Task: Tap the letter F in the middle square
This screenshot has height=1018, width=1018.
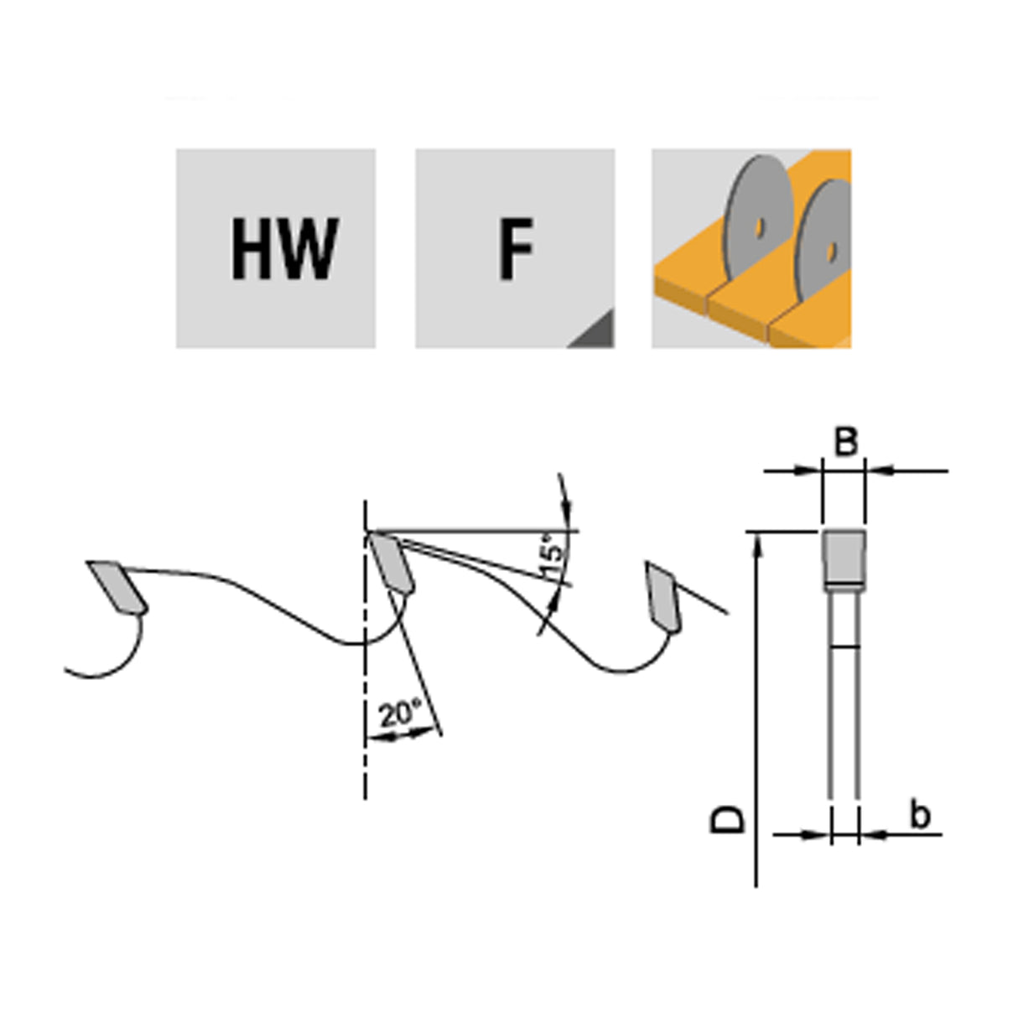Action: pos(516,249)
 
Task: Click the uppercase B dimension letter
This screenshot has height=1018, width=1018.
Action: pos(845,442)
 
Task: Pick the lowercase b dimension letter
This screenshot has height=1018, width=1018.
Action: pos(920,814)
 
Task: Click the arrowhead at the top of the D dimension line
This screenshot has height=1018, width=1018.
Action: pos(757,543)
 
